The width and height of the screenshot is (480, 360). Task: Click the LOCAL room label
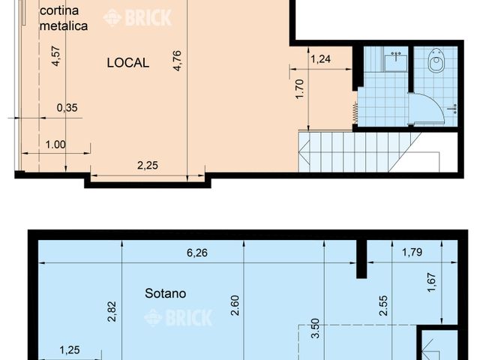pyautogui.click(x=127, y=63)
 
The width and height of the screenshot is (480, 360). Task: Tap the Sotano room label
pyautogui.click(x=165, y=293)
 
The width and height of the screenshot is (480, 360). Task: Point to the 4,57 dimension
pyautogui.click(x=56, y=56)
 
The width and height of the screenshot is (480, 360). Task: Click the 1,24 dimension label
pyautogui.click(x=320, y=59)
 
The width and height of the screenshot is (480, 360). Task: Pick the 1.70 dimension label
pyautogui.click(x=300, y=90)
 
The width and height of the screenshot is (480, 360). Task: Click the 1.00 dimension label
pyautogui.click(x=55, y=145)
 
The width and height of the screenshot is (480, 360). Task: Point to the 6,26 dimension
pyautogui.click(x=196, y=253)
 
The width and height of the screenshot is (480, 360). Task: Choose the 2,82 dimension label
pyautogui.click(x=112, y=310)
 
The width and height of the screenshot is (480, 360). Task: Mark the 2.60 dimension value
pyautogui.click(x=235, y=304)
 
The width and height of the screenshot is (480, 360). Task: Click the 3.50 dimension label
pyautogui.click(x=315, y=328)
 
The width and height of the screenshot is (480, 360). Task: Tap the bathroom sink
pyautogui.click(x=395, y=60)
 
